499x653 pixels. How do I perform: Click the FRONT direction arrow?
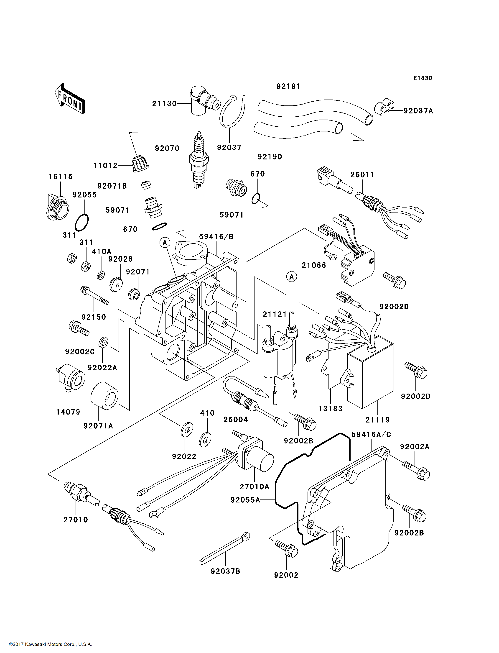(70, 98)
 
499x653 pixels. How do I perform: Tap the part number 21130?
(164, 104)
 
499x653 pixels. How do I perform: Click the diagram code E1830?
(423, 78)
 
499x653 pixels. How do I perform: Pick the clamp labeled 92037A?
(384, 106)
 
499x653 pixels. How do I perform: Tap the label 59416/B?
(216, 237)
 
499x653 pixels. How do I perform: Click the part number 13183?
(330, 409)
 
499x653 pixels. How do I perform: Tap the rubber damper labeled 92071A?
(104, 396)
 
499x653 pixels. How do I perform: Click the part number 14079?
(68, 412)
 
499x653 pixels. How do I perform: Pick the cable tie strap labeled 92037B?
(225, 548)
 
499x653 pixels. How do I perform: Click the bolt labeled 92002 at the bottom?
(286, 550)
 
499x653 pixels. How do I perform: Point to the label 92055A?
(245, 500)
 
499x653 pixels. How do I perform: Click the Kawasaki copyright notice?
(50, 644)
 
